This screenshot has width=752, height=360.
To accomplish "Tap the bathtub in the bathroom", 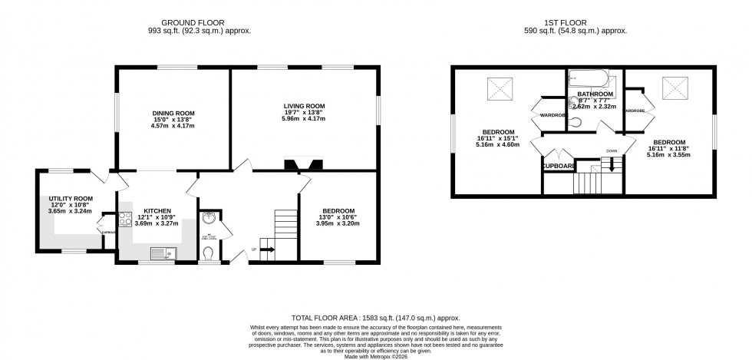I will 592,78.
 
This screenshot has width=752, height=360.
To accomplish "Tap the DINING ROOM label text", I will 172,113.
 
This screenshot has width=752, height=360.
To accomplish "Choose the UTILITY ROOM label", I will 66,198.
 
